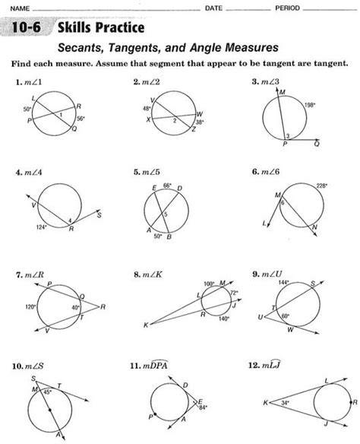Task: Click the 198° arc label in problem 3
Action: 310,105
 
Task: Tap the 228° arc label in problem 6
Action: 321,186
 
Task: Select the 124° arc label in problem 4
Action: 41,227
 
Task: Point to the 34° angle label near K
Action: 285,402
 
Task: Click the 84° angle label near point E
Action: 203,408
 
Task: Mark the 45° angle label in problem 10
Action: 48,392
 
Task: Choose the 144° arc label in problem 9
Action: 283,282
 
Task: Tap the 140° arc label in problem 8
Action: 224,319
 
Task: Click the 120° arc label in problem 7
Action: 30,306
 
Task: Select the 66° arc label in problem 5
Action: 167,186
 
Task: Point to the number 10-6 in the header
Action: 26,27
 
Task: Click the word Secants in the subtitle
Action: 81,48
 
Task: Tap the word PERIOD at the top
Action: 287,8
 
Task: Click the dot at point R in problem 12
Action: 351,402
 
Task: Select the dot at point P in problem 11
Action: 155,414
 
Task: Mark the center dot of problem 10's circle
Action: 50,410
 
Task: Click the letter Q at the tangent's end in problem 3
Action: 317,144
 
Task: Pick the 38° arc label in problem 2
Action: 200,122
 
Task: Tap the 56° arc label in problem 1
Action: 81,119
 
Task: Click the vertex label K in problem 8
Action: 146,325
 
